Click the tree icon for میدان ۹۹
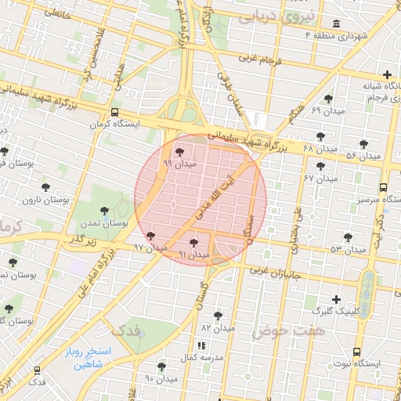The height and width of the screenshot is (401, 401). pyautogui.click(x=180, y=151)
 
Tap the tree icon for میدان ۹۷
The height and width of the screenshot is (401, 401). pyautogui.click(x=150, y=236)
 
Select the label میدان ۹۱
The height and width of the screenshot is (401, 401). pyautogui.click(x=193, y=255)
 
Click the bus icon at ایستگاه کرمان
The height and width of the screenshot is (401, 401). pyautogui.click(x=115, y=112)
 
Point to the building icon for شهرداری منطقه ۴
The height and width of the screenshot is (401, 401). pyautogui.click(x=337, y=24)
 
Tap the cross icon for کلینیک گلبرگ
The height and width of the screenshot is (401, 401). pyautogui.click(x=336, y=299)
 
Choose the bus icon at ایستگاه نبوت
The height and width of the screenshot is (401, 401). pyautogui.click(x=357, y=352)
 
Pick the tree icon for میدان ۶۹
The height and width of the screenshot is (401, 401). pyautogui.click(x=327, y=99)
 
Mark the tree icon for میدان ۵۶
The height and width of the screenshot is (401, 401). pyautogui.click(x=363, y=144)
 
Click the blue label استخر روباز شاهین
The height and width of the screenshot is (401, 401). pyautogui.click(x=89, y=357)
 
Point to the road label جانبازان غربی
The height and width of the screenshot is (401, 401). pyautogui.click(x=277, y=273)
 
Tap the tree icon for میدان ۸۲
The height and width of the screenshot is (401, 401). pyautogui.click(x=218, y=316)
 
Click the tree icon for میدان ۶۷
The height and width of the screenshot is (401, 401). pyautogui.click(x=320, y=166)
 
